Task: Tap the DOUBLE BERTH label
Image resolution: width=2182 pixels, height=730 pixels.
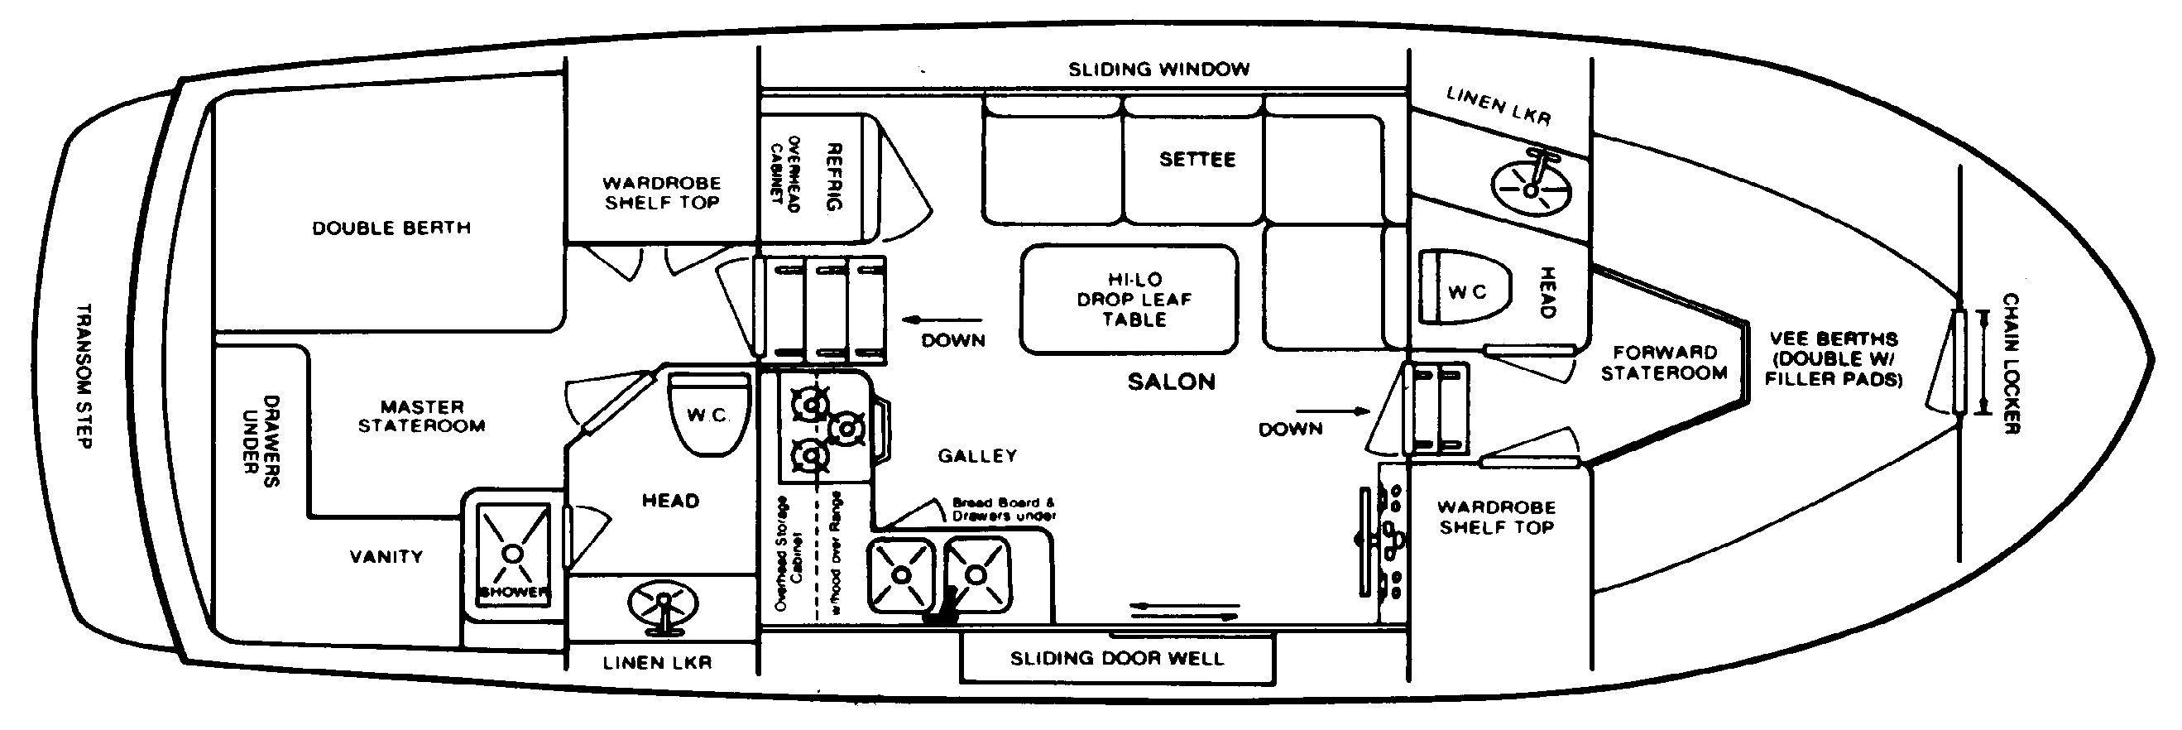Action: point(391,228)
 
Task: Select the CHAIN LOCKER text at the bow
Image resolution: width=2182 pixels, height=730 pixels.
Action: point(2011,364)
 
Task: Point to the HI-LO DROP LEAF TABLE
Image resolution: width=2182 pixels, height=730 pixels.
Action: point(1129,299)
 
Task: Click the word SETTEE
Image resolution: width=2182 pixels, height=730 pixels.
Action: point(1197,159)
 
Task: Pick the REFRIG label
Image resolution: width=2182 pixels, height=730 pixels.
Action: point(833,176)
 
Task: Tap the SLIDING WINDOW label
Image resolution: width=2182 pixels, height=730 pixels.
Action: point(1158,70)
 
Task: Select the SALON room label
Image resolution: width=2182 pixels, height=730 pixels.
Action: point(1171,382)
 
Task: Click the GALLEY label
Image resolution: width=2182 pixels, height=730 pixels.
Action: point(976,455)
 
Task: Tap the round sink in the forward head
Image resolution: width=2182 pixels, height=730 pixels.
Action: point(1530,190)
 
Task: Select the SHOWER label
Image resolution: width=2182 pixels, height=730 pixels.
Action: point(513,592)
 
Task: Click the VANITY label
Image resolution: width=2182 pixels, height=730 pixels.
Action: point(386,556)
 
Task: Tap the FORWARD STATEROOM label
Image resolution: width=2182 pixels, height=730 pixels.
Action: point(1664,363)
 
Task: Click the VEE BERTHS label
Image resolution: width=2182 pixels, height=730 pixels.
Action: point(1834,359)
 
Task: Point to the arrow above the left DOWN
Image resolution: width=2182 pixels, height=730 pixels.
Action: point(942,320)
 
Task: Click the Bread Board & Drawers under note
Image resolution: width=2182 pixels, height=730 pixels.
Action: point(1004,508)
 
